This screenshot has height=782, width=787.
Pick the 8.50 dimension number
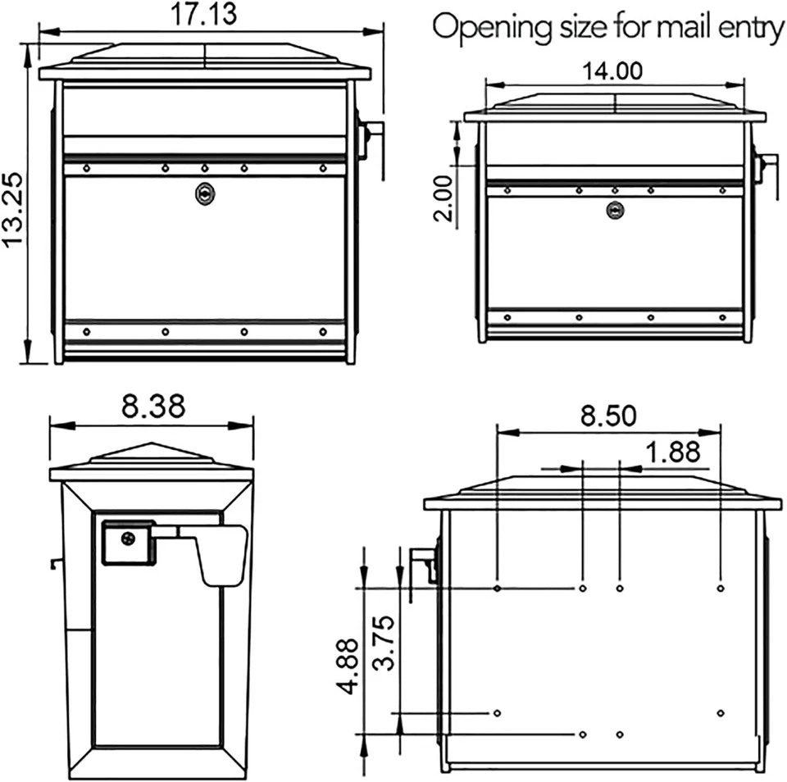[x=607, y=416]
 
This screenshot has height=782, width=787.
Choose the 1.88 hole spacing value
[x=672, y=452]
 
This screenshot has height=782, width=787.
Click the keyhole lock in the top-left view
[x=203, y=193]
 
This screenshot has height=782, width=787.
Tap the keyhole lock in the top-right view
[x=615, y=210]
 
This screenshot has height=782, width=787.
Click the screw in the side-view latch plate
[x=128, y=539]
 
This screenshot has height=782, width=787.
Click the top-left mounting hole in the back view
[x=498, y=588]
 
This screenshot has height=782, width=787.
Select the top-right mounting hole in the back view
[x=720, y=588]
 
